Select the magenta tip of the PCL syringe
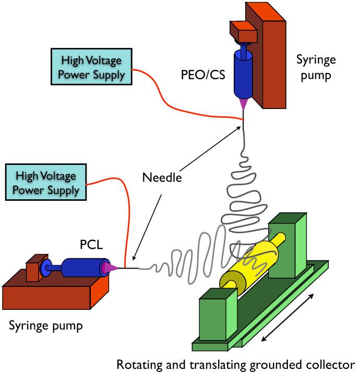coord(111,268)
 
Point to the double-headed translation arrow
coord(287,317)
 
